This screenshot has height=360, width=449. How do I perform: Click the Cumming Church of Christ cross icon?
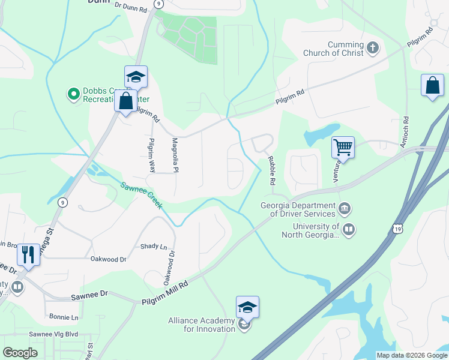tap(372, 48)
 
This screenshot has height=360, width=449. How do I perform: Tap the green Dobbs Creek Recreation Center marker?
tap(73, 94)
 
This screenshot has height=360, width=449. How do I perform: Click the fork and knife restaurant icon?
tap(28, 254)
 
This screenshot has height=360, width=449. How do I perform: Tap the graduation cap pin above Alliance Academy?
tap(247, 307)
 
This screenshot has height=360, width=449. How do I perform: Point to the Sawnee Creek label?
tap(142, 196)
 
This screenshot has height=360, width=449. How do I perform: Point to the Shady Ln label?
tap(154, 247)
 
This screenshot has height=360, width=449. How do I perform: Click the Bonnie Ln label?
tap(64, 317)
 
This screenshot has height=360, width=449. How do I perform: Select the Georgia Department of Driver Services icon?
tap(345, 209)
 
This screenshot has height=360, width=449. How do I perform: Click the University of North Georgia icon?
tap(349, 229)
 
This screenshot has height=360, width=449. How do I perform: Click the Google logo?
tap(20, 353)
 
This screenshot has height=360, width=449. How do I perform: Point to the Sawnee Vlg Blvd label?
tap(54, 334)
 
